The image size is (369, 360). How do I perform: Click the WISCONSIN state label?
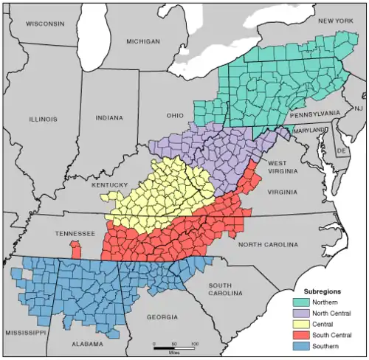[46, 24]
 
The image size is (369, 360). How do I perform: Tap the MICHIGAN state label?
[143, 42]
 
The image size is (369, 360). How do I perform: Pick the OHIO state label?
[174, 116]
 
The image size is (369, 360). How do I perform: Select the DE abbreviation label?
[341, 150]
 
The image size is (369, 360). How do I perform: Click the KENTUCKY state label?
[110, 184]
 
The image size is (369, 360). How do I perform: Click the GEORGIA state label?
[162, 316]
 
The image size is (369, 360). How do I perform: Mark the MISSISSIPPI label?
[24, 333]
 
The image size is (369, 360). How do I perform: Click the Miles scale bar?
[174, 345]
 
